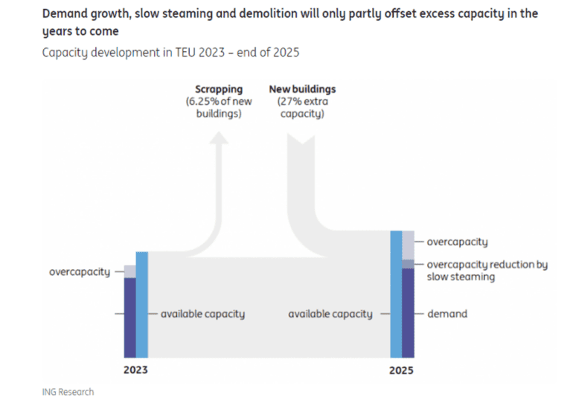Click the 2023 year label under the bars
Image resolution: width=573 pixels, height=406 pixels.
135,370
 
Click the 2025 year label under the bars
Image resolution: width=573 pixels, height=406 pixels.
402,370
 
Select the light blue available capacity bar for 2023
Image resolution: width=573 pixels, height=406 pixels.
142,305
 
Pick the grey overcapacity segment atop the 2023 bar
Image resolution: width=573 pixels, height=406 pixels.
129,271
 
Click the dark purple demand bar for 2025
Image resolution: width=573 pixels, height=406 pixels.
408,312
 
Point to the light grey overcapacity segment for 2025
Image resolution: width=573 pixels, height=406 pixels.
408,245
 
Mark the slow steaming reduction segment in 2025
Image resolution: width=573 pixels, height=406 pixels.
408,264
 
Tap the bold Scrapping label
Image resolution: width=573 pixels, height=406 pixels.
219,89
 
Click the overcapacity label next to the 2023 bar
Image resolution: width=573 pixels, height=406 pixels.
79,272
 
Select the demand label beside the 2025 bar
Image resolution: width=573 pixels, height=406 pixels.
446,314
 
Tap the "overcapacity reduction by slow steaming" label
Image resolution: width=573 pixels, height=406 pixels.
487,271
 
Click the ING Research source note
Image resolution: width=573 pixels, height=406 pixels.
68,392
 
